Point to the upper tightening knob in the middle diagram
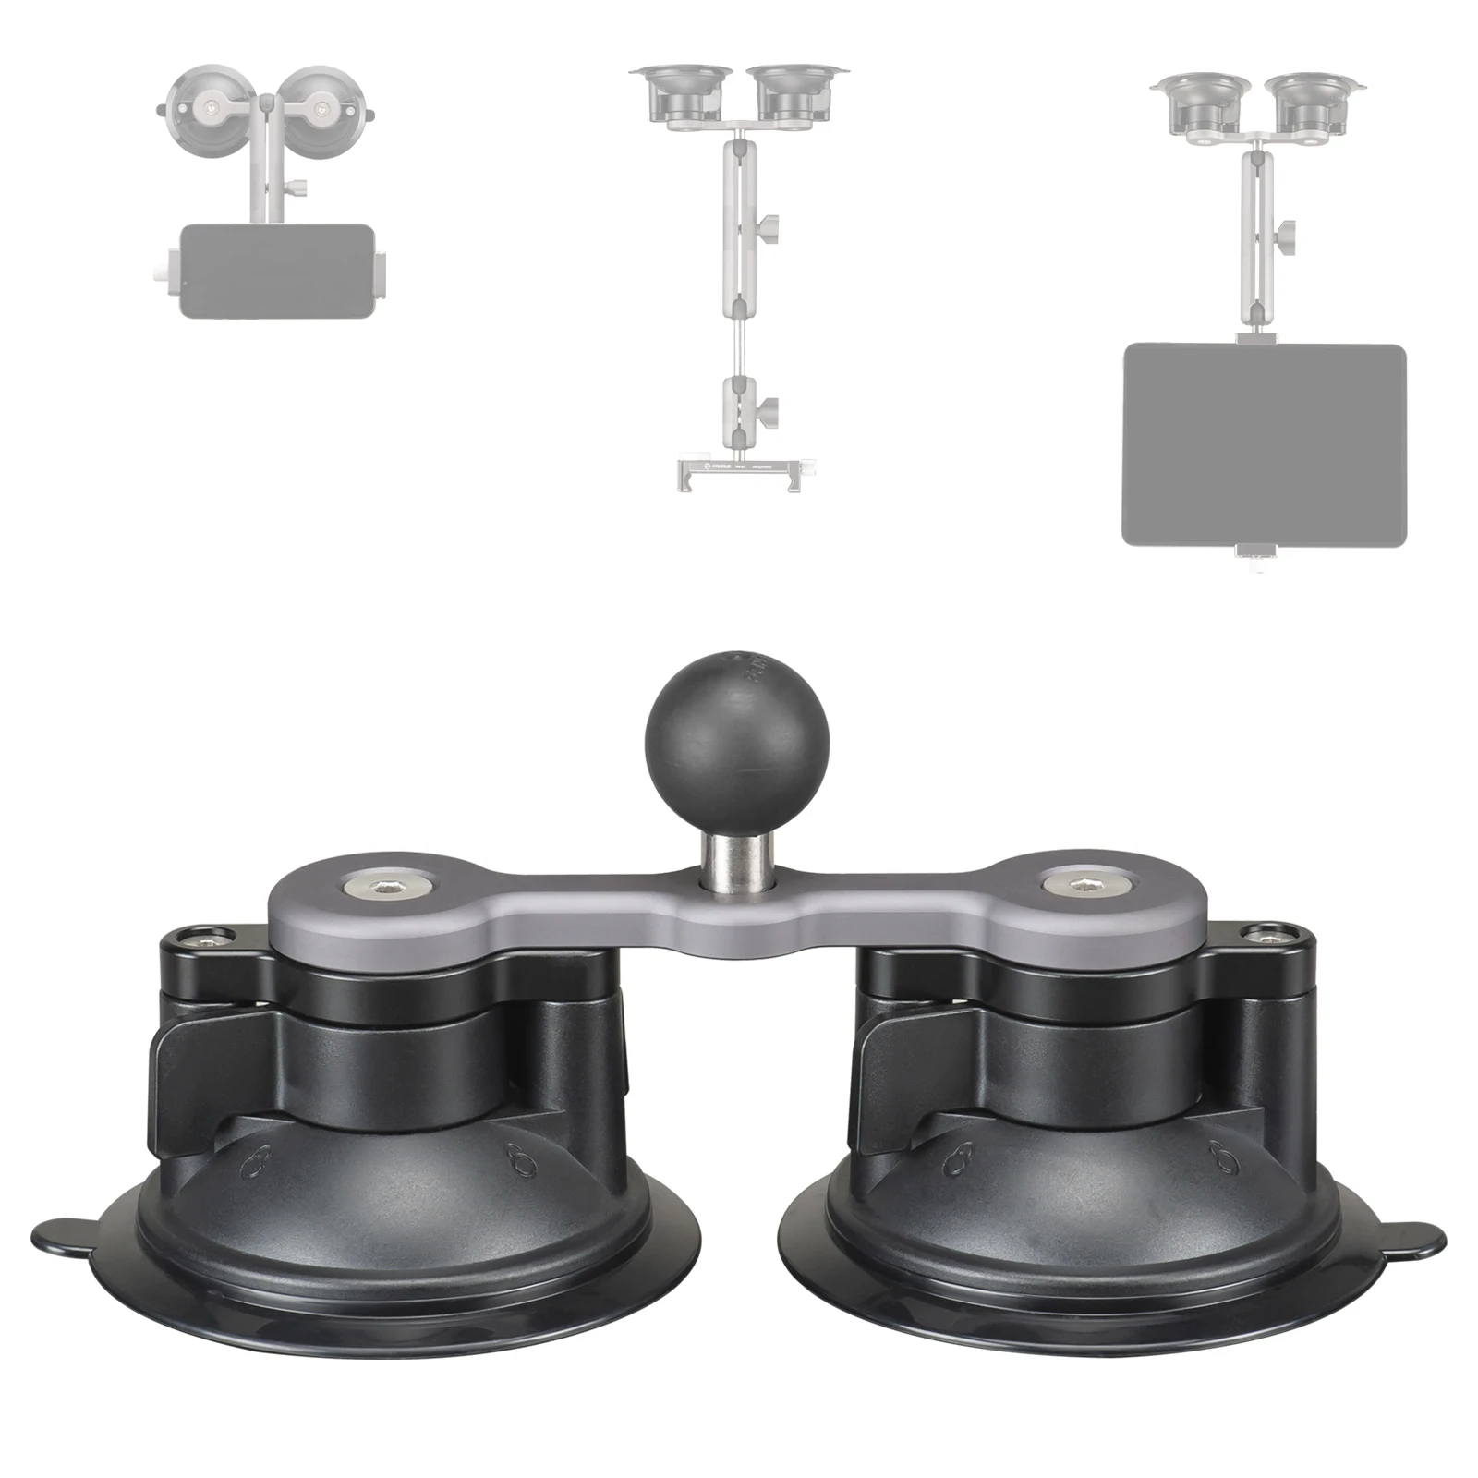click(x=769, y=225)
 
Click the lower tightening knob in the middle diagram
click(x=769, y=406)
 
